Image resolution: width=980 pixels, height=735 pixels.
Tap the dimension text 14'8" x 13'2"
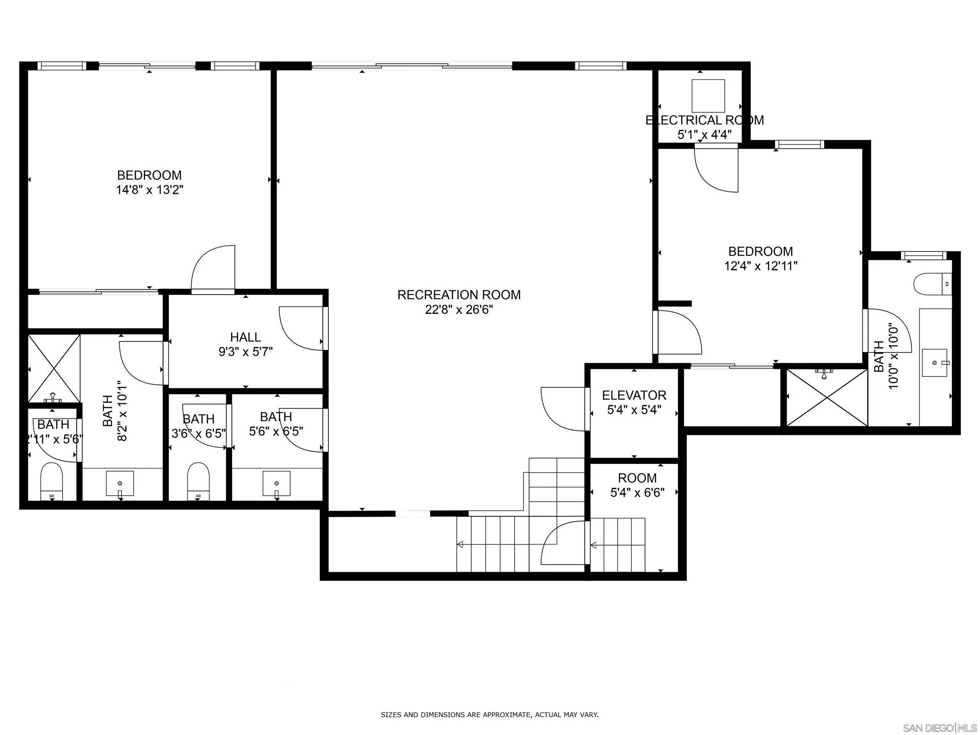click(149, 190)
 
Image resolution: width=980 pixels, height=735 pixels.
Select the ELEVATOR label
click(634, 395)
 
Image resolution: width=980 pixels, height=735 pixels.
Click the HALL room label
click(245, 337)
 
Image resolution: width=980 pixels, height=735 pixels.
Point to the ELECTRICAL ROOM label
click(704, 120)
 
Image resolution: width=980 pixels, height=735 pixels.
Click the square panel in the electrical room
click(709, 96)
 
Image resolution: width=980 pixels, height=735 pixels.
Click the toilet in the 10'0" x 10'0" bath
click(932, 284)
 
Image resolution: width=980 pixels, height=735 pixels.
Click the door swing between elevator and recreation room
click(563, 408)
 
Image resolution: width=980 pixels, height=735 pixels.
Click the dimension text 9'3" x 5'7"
click(245, 352)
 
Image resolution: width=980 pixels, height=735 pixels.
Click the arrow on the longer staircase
click(460, 545)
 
